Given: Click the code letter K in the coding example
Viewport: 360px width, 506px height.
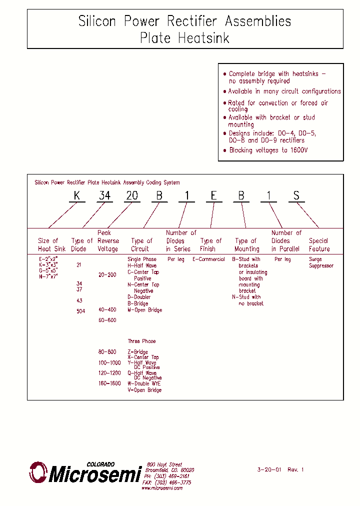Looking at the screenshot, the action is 77,195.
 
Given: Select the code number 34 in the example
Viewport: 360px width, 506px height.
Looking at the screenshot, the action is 104,195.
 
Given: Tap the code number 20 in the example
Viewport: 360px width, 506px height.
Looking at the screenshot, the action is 132,195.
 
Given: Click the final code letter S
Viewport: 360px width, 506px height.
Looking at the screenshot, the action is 296,195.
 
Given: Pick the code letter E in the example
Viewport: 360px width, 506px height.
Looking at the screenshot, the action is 213,195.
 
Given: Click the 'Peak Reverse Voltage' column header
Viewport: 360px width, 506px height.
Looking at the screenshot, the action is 107,240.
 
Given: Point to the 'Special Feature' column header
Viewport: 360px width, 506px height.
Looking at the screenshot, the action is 319,244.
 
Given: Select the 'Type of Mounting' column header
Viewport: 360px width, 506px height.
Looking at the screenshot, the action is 246,244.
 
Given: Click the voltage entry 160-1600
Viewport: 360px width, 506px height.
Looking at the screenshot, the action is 109,383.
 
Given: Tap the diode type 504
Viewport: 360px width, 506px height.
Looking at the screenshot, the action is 80,311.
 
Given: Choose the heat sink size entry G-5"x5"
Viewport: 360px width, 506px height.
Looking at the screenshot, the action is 48,270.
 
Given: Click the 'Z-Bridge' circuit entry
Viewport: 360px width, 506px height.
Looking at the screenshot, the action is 137,352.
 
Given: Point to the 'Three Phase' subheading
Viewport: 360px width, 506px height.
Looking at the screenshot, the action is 141,341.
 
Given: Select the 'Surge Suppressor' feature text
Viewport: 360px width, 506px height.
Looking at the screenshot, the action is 320,262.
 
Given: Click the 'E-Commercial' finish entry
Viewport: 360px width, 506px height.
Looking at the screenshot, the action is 208,259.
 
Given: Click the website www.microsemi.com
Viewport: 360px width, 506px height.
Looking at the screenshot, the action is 162,488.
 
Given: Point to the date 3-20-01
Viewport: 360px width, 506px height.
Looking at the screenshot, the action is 269,469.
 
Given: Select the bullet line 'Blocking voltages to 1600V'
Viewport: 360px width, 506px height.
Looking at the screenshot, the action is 268,150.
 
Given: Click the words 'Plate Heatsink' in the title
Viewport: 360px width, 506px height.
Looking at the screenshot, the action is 184,37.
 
